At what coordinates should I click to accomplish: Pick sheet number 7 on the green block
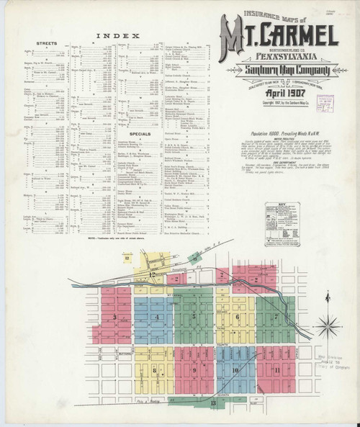click(x=277, y=316)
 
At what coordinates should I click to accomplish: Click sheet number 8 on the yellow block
click(x=156, y=369)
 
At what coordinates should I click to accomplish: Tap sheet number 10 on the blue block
click(x=235, y=370)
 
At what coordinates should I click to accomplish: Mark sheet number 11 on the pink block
click(x=276, y=369)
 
